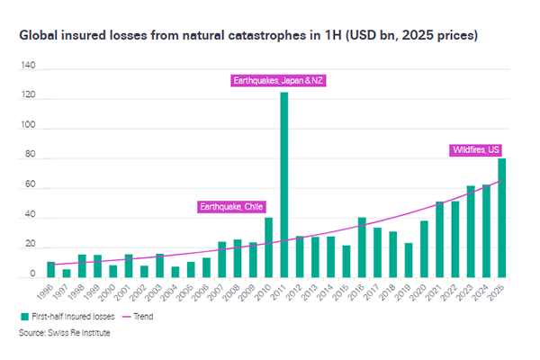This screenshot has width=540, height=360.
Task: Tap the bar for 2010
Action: [268, 247]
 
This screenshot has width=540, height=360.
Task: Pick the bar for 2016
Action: [362, 247]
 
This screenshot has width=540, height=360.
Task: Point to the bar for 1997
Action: [66, 274]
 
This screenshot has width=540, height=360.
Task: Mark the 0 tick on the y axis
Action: [31, 278]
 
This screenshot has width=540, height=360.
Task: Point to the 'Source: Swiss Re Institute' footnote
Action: [62, 333]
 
